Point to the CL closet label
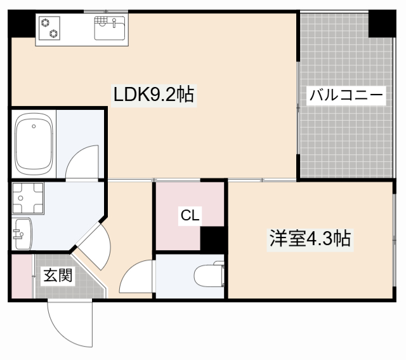pos(190,215)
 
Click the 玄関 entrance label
pos(57,276)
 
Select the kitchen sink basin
pos(110,29)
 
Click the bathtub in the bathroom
pos(32,145)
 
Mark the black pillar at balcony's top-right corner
pos(383,23)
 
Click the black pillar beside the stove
pos(21,25)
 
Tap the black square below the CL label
pos(213,239)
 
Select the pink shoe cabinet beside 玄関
pos(20,276)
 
